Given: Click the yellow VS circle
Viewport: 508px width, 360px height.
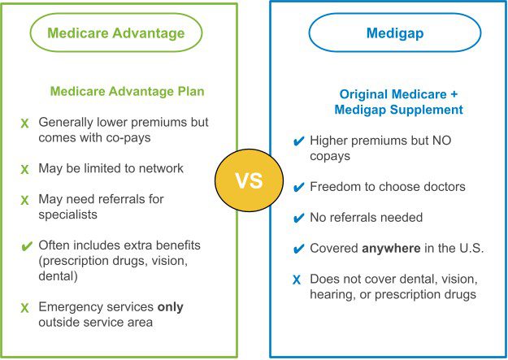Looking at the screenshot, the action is coord(250,180).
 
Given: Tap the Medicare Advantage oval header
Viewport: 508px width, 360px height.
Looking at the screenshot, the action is coord(116,14).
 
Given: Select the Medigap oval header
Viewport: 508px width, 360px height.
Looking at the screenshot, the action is coord(394,14).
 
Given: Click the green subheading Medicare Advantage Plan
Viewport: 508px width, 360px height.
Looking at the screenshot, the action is coord(128,91).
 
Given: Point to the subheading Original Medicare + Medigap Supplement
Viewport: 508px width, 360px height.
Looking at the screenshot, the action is coord(398,102).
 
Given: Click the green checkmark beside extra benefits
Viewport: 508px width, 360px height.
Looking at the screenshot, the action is coord(27,246).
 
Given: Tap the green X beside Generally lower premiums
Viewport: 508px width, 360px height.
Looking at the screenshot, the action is coord(24,124).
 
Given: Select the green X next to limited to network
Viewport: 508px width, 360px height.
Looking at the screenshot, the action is coord(24,170).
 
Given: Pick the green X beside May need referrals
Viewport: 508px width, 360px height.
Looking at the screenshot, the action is coord(24,200).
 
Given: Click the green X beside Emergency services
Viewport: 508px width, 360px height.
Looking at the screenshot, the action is coord(24,308).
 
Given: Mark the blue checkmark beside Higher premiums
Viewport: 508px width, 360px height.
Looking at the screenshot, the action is coord(298,141).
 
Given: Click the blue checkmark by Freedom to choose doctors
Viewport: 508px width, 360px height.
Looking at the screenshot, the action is coord(298,187).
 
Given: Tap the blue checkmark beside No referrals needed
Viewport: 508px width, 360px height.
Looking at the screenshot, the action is coord(298,218).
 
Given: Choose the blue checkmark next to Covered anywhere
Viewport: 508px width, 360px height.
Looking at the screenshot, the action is coord(298,249).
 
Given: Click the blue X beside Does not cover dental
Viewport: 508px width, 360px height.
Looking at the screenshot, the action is coord(297,280).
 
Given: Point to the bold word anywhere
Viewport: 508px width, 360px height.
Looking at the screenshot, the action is coord(391,249).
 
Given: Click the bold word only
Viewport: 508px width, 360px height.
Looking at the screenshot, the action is coord(171,307).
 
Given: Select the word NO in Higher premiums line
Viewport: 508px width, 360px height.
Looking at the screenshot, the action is coord(441,141).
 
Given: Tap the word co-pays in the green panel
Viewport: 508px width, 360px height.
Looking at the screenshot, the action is coord(128,138).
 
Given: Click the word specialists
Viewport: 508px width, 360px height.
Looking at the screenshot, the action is coord(67,215).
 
